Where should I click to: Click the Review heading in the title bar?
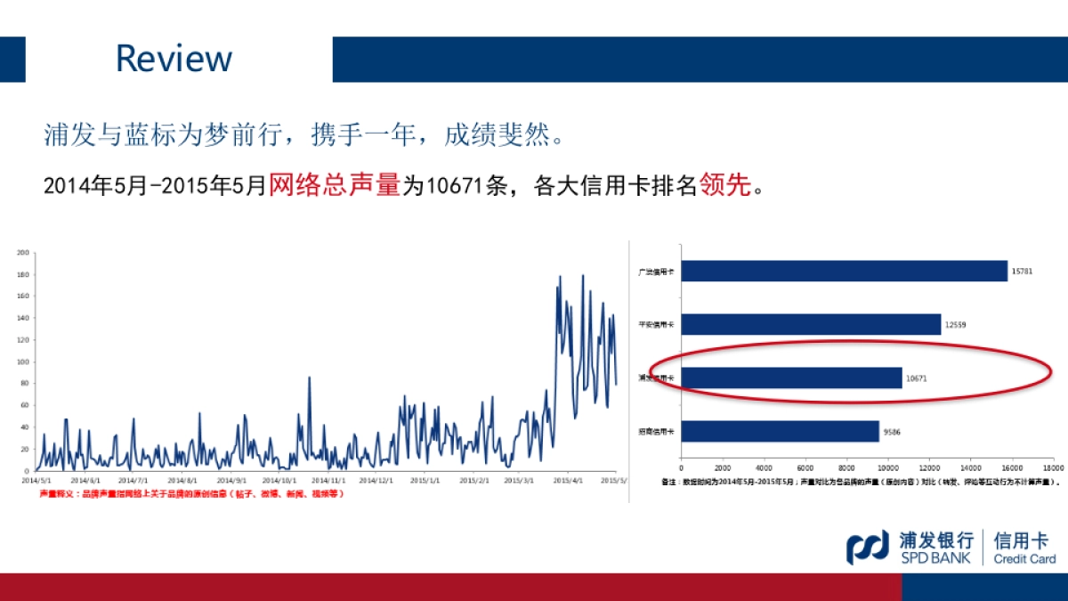pos(174,59)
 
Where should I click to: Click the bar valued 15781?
pos(844,271)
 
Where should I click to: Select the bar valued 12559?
pos(811,324)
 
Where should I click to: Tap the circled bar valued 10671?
pos(791,378)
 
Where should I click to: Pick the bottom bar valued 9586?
pos(780,432)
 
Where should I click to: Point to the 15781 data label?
pos(1022,271)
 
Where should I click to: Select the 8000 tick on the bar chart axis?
pos(846,467)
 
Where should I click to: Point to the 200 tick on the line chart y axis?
pos(23,252)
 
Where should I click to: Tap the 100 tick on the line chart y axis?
pos(23,361)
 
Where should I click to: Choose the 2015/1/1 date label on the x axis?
pos(425,480)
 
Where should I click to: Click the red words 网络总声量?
pos(335,185)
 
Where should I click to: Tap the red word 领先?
pos(725,185)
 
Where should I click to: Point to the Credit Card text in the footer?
pos(1024,559)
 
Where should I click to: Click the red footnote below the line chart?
pos(190,493)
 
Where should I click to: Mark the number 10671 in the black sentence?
pos(455,186)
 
